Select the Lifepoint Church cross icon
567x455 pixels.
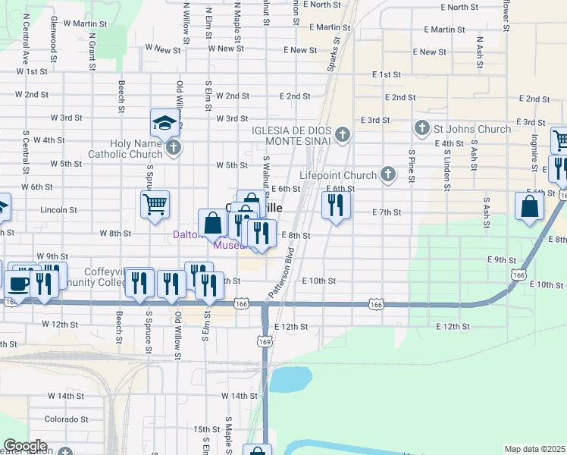tap(388, 174)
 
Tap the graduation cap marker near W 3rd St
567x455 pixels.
tap(163, 123)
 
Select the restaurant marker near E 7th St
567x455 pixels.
tap(335, 206)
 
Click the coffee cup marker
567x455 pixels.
tap(18, 284)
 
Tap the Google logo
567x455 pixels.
tap(24, 446)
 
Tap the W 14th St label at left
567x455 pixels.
tap(66, 396)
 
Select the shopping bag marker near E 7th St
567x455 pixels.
tap(528, 206)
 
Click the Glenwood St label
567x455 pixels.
tap(55, 34)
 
